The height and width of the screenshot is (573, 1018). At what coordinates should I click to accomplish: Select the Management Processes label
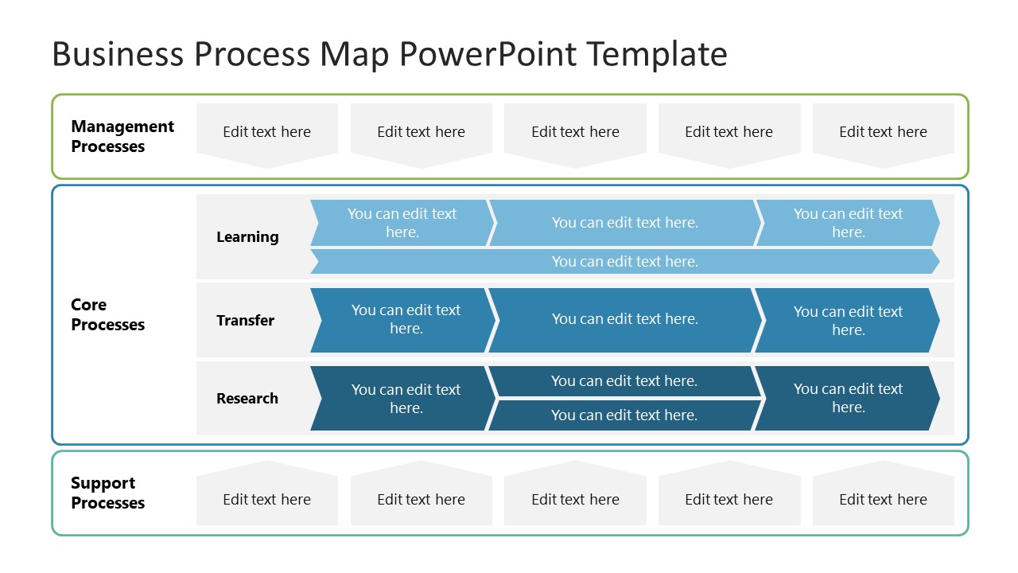pos(122,136)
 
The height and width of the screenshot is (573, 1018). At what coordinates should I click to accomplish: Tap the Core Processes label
pos(107,314)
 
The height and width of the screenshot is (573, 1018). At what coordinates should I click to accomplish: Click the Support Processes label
pos(107,493)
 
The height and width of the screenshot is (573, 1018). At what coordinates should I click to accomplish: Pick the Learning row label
pos(247,237)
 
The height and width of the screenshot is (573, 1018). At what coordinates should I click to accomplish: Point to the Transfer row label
pos(245,320)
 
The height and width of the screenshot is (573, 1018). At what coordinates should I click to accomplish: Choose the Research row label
pos(247,398)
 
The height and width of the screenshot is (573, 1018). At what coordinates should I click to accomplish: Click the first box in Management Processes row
pos(267,132)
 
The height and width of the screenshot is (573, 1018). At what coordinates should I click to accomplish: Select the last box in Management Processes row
pos(883,132)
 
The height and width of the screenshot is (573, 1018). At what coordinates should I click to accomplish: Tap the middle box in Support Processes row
pos(575,499)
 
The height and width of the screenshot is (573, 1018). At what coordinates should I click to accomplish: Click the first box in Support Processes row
pos(267,499)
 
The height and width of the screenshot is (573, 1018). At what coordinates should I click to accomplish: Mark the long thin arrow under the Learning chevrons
pos(624,262)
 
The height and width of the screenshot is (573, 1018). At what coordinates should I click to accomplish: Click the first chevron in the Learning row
pos(402,223)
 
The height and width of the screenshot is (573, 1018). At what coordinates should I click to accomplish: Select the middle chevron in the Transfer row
pos(624,319)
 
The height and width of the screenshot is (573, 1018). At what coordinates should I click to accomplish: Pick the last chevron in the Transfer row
pos(848,320)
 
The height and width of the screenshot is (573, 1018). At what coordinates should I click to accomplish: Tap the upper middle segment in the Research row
pos(624,381)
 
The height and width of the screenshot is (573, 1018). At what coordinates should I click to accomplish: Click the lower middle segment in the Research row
pos(624,415)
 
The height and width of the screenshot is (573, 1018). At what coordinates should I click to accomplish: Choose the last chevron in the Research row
pos(848,398)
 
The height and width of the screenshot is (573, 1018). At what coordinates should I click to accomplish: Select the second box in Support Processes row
pos(421,499)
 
